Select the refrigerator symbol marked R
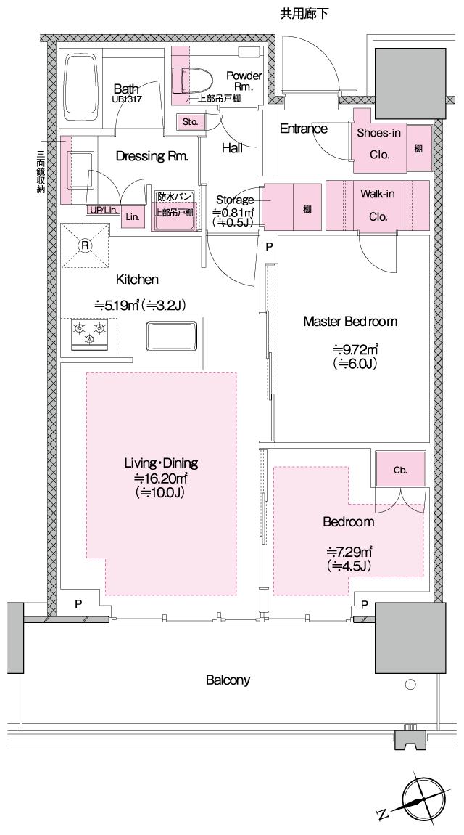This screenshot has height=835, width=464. point(85,245)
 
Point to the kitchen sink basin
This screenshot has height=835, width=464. point(171,336)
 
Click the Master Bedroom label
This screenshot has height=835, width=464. point(350,321)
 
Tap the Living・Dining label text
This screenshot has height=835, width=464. point(161,463)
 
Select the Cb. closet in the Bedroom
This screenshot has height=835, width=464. point(399,470)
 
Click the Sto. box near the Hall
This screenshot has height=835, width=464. point(191,121)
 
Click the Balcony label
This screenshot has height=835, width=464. point(228,680)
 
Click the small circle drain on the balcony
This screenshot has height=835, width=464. point(410,685)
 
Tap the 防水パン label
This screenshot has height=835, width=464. point(175,197)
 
